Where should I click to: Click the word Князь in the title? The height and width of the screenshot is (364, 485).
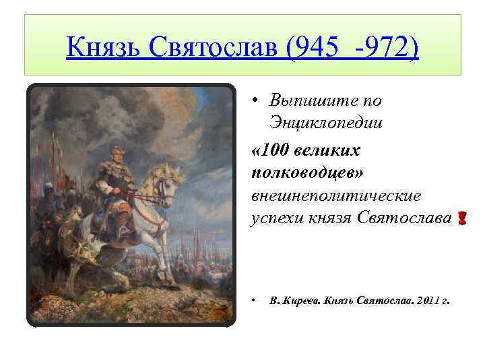click(101, 47)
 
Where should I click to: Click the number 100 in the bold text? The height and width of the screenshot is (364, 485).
click(276, 148)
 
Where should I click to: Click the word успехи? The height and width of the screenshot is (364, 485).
click(271, 218)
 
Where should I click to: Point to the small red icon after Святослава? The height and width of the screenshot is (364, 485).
click(461, 218)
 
